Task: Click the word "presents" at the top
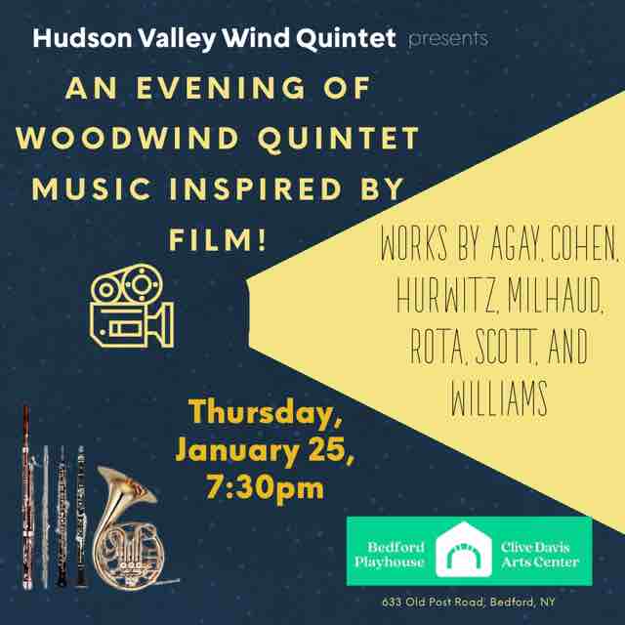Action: tap(447, 39)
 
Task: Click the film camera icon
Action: tap(130, 303)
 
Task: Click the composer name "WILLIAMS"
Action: tap(498, 398)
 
